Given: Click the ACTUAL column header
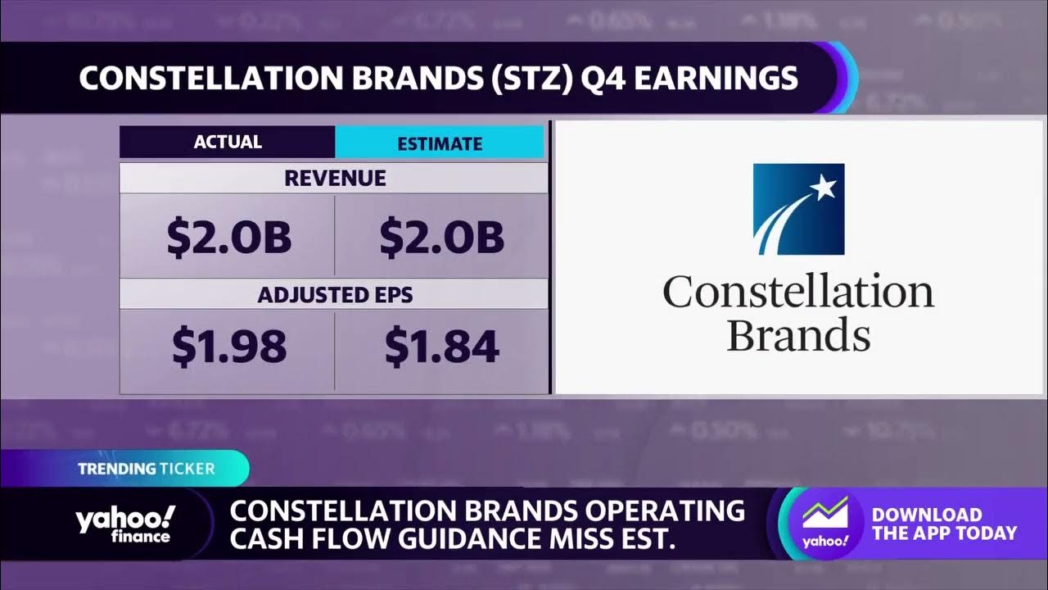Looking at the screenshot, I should point(228,142).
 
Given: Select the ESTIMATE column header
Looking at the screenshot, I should point(440,143).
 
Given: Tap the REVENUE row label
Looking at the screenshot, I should point(334,179).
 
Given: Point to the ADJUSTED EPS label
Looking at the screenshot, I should point(334,294).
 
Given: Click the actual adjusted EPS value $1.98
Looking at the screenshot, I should point(228,347).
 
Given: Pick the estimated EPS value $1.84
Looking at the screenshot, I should point(441,347).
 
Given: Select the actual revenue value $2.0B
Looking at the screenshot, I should point(228,237).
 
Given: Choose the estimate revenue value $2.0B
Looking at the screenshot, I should point(441,237).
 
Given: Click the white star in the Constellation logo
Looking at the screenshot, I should point(823,188).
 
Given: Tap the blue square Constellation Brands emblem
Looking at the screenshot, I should point(798,209).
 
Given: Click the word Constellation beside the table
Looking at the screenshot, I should point(798,293).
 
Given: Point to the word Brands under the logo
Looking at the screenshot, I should point(798,335).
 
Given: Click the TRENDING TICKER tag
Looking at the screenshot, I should point(147,470).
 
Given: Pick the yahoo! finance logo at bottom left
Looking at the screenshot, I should point(124,524).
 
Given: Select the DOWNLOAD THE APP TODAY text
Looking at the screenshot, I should point(943,524).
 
